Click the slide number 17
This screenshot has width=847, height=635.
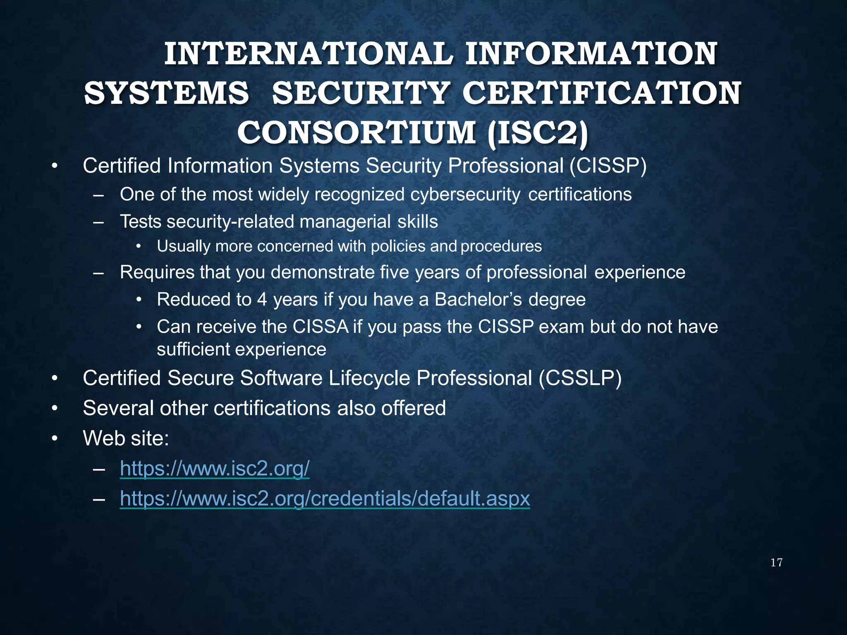tap(776, 563)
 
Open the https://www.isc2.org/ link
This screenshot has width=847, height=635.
tap(214, 468)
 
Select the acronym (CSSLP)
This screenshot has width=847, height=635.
tap(580, 378)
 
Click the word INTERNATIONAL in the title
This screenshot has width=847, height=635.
tap(309, 54)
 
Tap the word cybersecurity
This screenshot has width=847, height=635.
tap(465, 194)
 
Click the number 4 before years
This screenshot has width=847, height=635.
tap(262, 299)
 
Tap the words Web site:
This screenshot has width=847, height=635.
tap(126, 438)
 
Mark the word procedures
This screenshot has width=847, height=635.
tap(501, 246)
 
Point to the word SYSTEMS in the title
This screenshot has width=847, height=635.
tap(166, 93)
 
